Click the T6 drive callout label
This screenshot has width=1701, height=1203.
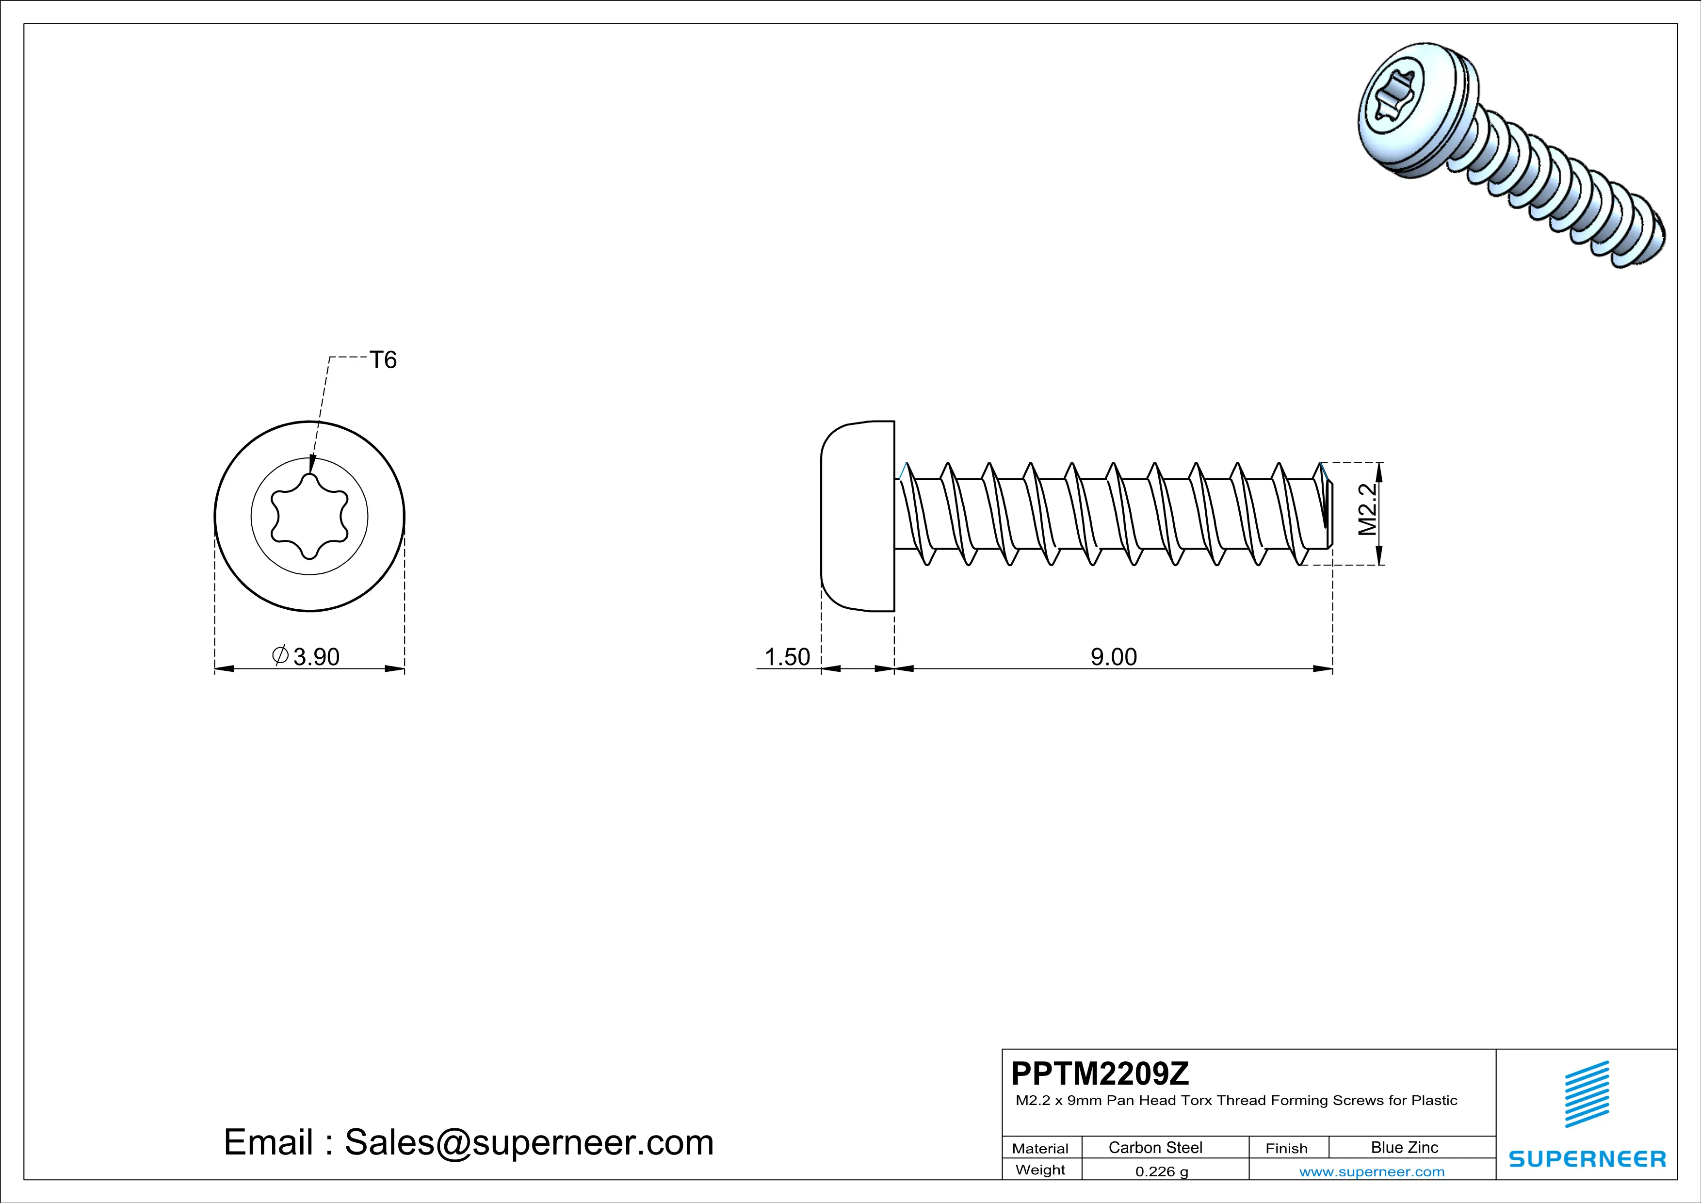[383, 360]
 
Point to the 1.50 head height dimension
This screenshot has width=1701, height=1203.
[787, 656]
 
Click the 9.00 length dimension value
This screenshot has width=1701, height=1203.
[1113, 656]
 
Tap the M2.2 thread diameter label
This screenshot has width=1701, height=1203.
[1367, 510]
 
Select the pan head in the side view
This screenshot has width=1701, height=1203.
[858, 516]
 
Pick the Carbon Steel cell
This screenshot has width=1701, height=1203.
[1155, 1147]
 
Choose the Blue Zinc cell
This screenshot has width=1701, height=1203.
[1404, 1147]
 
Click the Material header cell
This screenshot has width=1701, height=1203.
[1040, 1148]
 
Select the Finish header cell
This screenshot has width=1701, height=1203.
[1286, 1148]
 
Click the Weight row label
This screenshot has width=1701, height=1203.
[1040, 1170]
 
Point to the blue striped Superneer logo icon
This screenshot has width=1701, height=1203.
[1586, 1094]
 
